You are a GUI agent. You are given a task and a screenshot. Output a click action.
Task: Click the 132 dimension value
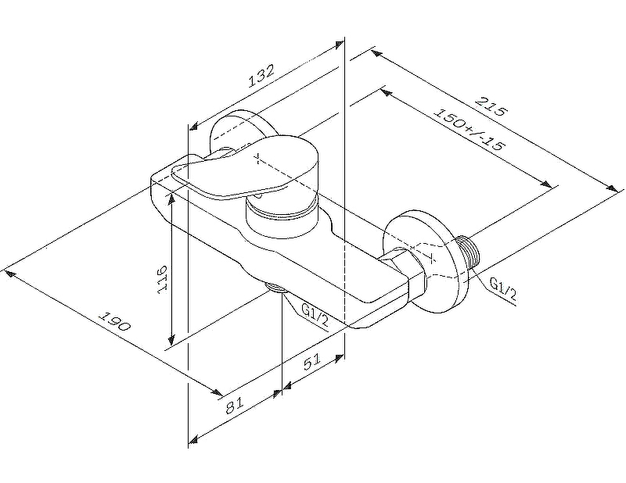(x=261, y=76)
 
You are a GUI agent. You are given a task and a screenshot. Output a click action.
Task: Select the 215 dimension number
(x=491, y=106)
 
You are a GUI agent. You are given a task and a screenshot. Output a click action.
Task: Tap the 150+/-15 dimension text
(x=469, y=129)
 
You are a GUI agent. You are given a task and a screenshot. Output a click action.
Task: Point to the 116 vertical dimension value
(x=162, y=279)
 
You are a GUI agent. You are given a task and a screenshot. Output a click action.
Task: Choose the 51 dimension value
(x=311, y=362)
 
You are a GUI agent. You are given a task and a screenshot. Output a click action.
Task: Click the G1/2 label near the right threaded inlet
(x=503, y=288)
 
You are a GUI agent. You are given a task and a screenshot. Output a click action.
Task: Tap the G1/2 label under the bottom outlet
(x=315, y=314)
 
